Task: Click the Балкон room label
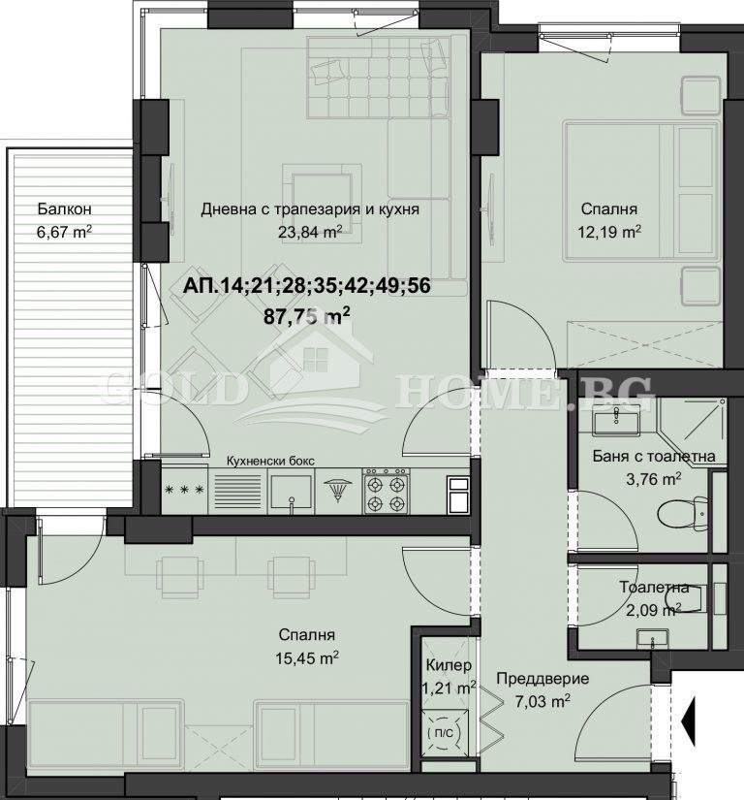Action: pos(65,208)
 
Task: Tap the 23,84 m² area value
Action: pos(309,231)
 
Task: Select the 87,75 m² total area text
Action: pos(307,315)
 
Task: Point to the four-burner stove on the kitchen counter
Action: pos(388,492)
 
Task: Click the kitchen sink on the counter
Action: pos(290,492)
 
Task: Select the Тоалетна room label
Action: pos(654,588)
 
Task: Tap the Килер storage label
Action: pos(449,665)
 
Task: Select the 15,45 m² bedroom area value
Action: pos(306,656)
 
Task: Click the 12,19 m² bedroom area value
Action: pos(611,231)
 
